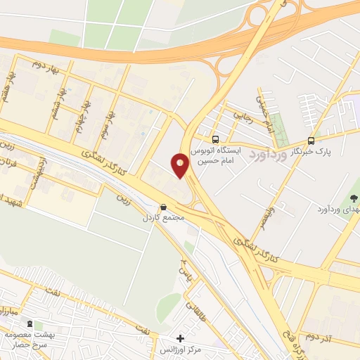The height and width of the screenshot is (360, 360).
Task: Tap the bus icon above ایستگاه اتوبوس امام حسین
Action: pos(215,139)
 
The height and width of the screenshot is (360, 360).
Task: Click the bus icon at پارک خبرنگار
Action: pos(311,140)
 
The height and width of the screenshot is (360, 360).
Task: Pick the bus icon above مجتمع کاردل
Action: pos(164,207)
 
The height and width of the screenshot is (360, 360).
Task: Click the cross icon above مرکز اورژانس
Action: pos(181,338)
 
